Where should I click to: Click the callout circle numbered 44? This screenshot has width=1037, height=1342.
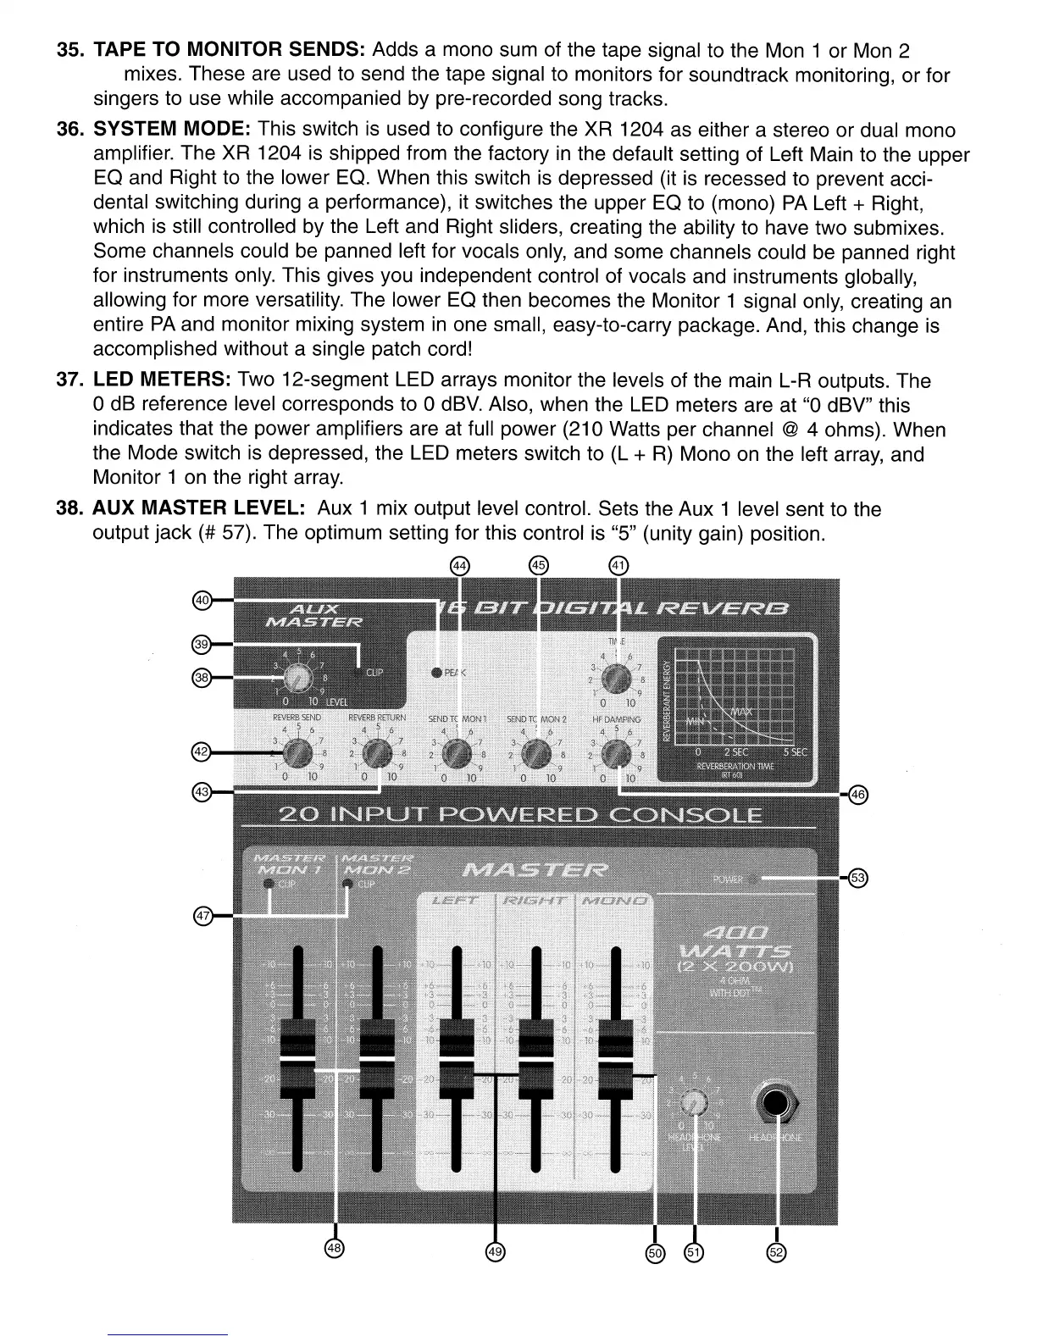click(x=459, y=565)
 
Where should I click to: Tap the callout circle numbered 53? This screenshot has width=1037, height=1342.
click(x=857, y=878)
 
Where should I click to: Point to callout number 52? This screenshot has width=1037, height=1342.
click(x=777, y=1252)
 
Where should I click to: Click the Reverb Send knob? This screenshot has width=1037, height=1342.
click(x=296, y=751)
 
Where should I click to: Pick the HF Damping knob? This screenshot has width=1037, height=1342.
click(x=616, y=751)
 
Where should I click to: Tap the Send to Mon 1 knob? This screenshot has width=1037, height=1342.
click(x=456, y=751)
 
